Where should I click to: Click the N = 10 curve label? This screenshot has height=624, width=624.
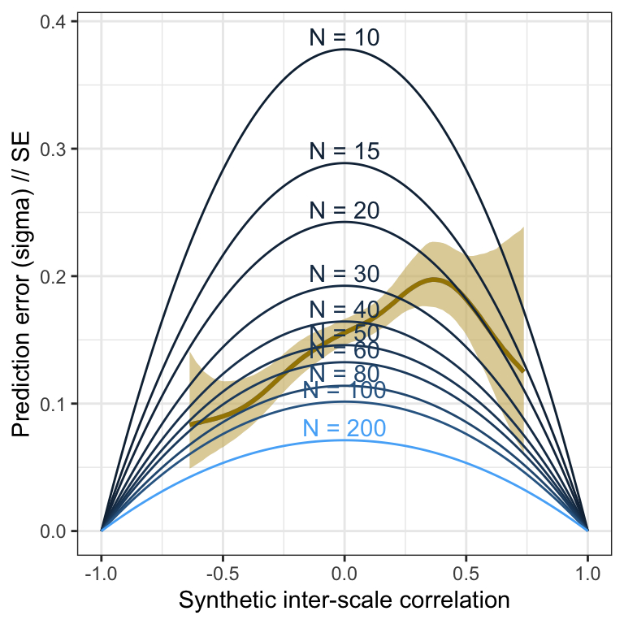(x=344, y=37)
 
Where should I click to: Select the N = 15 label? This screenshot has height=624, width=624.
(x=344, y=151)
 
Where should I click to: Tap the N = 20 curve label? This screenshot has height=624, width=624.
(x=344, y=210)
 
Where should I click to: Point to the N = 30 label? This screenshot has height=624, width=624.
(x=344, y=275)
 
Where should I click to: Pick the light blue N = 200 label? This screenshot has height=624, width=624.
(x=344, y=428)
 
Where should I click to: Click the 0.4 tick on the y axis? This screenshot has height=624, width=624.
(x=54, y=21)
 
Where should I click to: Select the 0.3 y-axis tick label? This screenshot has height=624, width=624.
(x=54, y=149)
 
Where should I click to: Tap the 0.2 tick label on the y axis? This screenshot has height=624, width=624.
(x=54, y=276)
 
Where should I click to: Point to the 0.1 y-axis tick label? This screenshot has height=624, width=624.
(x=54, y=404)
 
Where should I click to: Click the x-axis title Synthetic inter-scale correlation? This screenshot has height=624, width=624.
(x=344, y=601)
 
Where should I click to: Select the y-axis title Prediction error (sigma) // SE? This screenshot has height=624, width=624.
(x=22, y=276)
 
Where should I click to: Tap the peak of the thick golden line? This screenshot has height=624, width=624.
(x=435, y=279)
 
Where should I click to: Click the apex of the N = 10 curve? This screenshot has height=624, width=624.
(x=344, y=50)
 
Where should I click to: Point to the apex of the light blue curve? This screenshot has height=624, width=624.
(x=344, y=440)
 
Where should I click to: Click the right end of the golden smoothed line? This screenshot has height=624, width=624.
(x=524, y=370)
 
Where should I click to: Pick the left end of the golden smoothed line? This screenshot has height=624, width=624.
(x=190, y=424)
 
